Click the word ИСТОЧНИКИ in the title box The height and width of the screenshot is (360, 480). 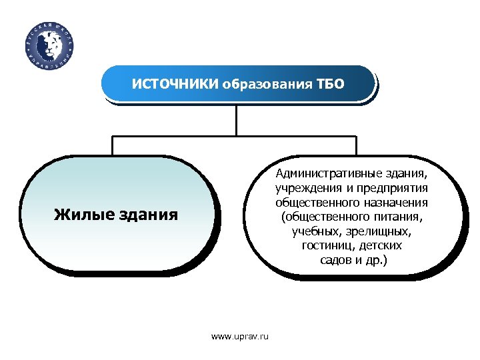point(175,85)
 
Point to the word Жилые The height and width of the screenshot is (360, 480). point(81,214)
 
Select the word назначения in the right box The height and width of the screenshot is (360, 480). point(395,203)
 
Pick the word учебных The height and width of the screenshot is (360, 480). point(317,232)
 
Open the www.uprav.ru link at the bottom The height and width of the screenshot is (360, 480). point(240,337)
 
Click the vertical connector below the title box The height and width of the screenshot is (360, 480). point(236,120)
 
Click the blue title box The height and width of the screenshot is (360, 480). point(237,85)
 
